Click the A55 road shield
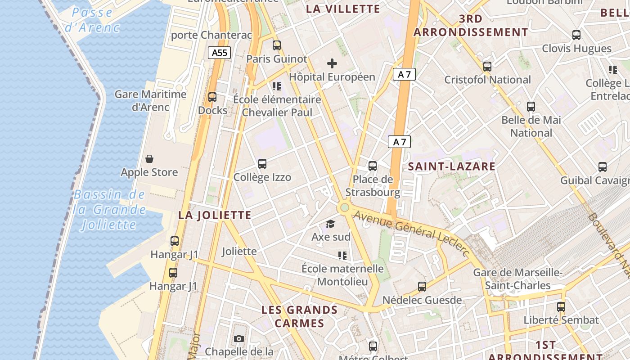220,53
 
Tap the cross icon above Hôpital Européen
332,63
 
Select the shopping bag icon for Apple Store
149,159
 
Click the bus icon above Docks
212,97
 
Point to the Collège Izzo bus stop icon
262,164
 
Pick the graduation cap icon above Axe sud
331,224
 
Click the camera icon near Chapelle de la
239,338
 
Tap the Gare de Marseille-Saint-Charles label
517,279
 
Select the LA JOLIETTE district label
215,215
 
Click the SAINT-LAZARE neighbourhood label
451,166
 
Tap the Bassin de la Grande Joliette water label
110,210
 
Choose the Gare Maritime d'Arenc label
150,101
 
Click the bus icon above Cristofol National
487,67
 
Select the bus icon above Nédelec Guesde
422,287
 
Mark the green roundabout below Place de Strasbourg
344,207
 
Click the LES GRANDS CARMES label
299,316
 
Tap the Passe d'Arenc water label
92,20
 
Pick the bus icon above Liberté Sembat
561,307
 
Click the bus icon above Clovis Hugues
576,35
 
